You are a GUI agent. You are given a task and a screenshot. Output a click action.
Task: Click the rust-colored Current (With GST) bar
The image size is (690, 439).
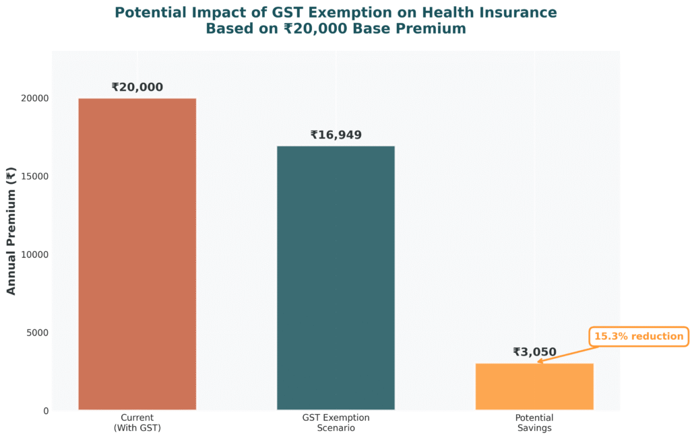pos(137,254)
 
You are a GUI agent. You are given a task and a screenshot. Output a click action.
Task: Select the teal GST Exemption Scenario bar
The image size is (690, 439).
pos(336,277)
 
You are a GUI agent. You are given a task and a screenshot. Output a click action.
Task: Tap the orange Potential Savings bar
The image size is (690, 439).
pos(534,386)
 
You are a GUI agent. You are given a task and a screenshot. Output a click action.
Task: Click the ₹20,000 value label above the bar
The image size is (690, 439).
pos(137,88)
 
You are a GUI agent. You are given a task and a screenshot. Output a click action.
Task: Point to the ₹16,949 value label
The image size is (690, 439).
pos(336,135)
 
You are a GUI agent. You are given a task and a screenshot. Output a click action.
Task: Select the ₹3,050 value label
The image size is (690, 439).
pos(534,352)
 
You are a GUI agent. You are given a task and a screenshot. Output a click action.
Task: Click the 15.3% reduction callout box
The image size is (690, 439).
pos(638,337)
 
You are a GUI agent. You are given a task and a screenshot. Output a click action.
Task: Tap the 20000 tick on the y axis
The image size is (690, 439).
pos(34,98)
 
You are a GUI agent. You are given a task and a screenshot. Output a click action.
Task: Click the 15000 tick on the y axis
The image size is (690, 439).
pos(34,176)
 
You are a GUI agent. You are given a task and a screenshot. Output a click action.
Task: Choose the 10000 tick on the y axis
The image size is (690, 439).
pos(34,255)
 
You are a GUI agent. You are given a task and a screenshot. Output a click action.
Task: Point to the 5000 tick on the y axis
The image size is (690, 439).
pos(37,333)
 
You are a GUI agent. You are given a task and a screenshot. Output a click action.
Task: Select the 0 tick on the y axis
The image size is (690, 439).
pos(45,411)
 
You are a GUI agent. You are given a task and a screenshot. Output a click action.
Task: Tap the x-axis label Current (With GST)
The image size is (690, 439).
pos(137,423)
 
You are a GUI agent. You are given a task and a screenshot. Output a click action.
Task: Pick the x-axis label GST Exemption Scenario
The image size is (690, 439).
pos(336,423)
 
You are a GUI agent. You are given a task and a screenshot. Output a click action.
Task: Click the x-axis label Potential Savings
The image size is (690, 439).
pos(534,423)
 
